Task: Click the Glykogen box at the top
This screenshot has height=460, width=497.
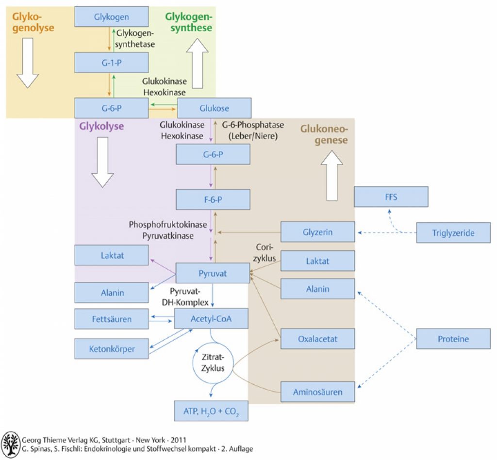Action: point(111,17)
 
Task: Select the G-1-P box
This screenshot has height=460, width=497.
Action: point(111,62)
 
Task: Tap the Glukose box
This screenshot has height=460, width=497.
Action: point(214,108)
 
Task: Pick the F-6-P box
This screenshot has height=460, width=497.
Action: point(213,199)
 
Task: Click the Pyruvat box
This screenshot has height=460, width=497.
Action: point(213,273)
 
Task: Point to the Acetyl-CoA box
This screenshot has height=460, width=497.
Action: point(211,318)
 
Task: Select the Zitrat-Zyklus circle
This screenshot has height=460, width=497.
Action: point(213,362)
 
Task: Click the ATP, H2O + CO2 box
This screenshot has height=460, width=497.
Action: point(211,411)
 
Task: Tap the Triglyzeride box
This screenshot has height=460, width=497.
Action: point(453,232)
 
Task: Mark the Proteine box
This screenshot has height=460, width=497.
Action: point(453,339)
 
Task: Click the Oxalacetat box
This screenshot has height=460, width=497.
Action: point(317,339)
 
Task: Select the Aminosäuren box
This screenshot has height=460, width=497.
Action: point(317,392)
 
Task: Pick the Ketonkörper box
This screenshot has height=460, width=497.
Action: point(112,348)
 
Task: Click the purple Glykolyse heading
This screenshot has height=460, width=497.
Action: point(101,127)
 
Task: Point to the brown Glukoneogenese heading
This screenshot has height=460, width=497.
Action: point(324,134)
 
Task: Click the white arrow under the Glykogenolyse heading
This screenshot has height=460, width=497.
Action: point(28,63)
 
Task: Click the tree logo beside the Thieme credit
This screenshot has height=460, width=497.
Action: point(11,443)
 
